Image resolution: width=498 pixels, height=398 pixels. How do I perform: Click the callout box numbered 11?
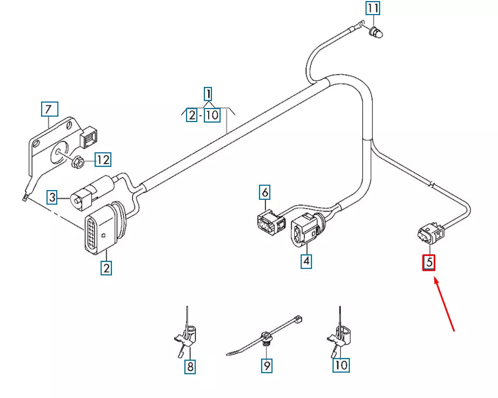click(x=373, y=8)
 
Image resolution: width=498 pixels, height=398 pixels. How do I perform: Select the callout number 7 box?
click(x=50, y=109)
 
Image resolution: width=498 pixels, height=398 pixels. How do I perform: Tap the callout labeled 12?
click(x=103, y=159)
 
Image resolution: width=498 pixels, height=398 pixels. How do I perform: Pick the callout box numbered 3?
click(x=52, y=197)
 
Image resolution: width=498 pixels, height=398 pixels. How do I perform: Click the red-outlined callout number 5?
click(x=428, y=262)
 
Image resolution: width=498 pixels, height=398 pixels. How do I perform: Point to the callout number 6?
click(x=264, y=192)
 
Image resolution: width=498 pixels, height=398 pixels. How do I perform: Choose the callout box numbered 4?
click(x=306, y=261)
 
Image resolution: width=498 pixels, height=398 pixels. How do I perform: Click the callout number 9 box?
click(x=267, y=366)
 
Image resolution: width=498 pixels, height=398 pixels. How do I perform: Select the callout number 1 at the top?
click(x=208, y=94)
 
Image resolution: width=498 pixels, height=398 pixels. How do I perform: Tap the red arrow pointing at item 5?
click(x=444, y=305)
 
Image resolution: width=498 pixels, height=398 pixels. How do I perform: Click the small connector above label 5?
click(x=430, y=233)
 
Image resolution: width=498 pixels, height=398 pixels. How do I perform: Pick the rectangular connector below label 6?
click(x=270, y=222)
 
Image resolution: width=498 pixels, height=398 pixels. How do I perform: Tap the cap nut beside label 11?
click(x=376, y=32)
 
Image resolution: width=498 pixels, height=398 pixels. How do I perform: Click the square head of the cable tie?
click(x=298, y=319)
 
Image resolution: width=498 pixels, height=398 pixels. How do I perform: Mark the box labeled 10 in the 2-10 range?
click(x=212, y=115)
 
